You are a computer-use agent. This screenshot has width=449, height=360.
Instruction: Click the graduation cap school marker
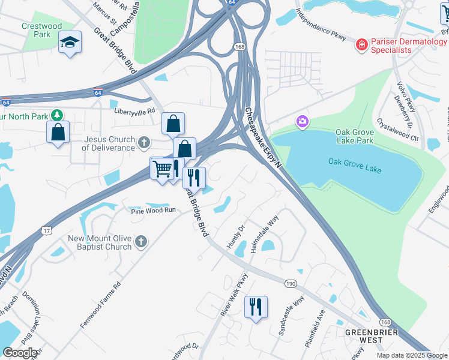click(x=70, y=42)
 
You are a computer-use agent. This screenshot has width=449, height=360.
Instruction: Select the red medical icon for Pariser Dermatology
click(x=361, y=44)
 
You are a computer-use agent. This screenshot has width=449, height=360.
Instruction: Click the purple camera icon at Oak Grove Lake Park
click(x=302, y=122)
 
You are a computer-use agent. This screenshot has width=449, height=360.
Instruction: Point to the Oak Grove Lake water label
click(x=355, y=162)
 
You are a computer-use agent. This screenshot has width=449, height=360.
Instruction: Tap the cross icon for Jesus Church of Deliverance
click(x=143, y=143)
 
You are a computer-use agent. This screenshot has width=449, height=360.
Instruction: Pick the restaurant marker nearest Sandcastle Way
click(x=256, y=307)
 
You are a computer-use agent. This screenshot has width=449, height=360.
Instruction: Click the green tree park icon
click(x=57, y=114)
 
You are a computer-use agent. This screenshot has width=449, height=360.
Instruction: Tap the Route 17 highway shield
click(x=47, y=230)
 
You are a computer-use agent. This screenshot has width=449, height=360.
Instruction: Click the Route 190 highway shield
click(x=291, y=283)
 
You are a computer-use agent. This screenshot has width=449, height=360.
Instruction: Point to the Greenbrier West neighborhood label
click(x=363, y=335)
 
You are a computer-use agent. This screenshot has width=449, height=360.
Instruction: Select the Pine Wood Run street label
click(x=153, y=211)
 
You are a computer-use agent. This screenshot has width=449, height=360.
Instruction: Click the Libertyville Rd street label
click(x=135, y=111)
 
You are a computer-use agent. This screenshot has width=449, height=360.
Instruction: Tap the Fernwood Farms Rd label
click(x=100, y=305)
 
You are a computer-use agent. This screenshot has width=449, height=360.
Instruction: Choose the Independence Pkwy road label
click(x=321, y=25)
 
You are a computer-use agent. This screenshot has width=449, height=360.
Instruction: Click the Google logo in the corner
click(x=20, y=353)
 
